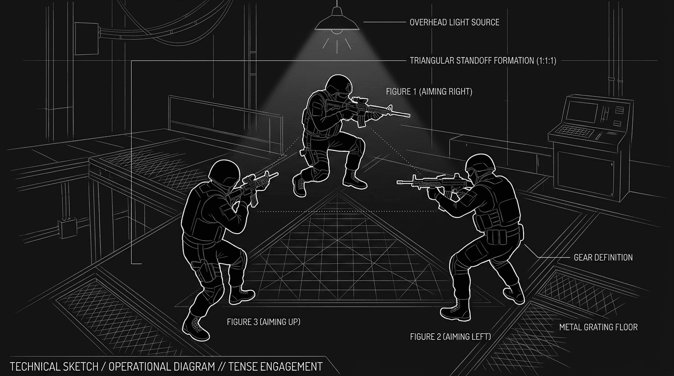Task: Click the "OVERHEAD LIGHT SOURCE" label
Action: [454, 23]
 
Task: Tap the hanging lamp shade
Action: [337, 22]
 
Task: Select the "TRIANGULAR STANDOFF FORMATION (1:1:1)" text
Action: [482, 61]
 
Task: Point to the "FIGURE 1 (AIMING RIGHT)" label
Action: [429, 92]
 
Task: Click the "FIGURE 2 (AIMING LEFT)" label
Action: [450, 337]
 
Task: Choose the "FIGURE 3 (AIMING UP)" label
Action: [263, 322]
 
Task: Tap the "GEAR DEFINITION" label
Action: [603, 258]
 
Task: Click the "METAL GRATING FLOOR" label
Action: [598, 327]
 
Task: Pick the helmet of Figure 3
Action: [224, 171]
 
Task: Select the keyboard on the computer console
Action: [573, 131]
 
